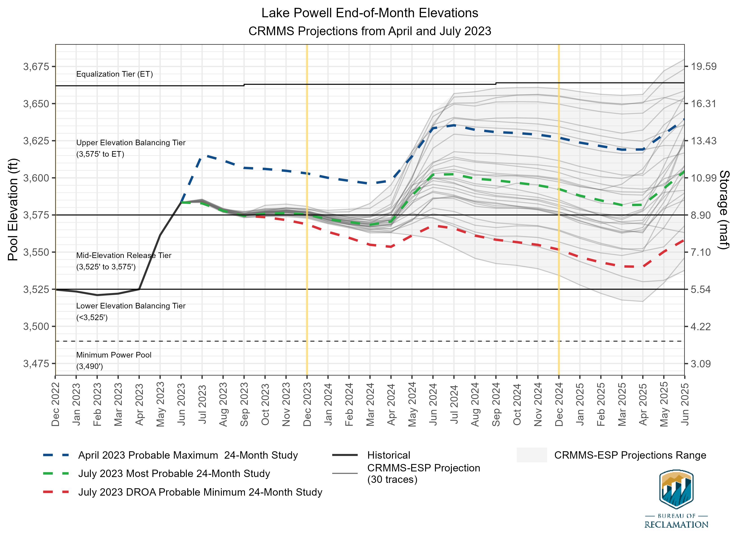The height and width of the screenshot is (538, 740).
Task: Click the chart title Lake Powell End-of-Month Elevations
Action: pos(370,13)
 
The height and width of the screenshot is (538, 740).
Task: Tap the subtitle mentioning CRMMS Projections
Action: pos(370,31)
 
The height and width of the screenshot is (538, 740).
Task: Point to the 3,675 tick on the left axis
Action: pos(36,67)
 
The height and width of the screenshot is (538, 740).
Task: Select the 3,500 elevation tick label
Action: pos(36,327)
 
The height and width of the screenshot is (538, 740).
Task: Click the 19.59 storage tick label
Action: pos(703,67)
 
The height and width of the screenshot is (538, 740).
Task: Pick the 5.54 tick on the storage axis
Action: pos(701,289)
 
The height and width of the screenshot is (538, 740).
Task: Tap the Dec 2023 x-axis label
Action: pos(307,405)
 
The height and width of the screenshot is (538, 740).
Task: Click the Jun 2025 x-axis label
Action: pos(685,405)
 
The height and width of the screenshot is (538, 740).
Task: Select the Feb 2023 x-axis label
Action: pos(97,405)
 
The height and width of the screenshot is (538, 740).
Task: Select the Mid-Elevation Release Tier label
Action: pos(124,256)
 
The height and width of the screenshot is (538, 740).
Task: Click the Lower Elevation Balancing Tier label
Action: pos(131,306)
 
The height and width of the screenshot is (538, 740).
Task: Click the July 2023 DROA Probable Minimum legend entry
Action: pos(200,492)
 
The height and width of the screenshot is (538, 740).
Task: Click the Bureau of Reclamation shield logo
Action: pos(676,489)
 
